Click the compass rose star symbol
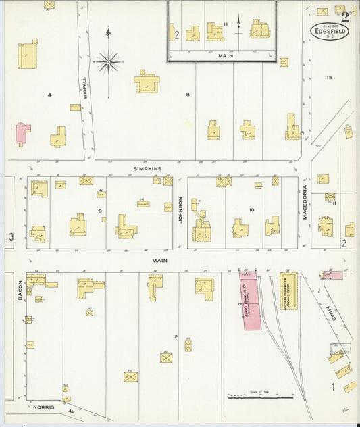pyautogui.click(x=107, y=62)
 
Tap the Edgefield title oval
pyautogui.click(x=330, y=32)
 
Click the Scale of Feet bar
pyautogui.click(x=255, y=397)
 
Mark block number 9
pyautogui.click(x=100, y=212)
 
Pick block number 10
pyautogui.click(x=251, y=210)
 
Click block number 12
pyautogui.click(x=175, y=336)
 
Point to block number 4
pyautogui.click(x=49, y=95)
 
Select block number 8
pyautogui.click(x=188, y=94)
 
